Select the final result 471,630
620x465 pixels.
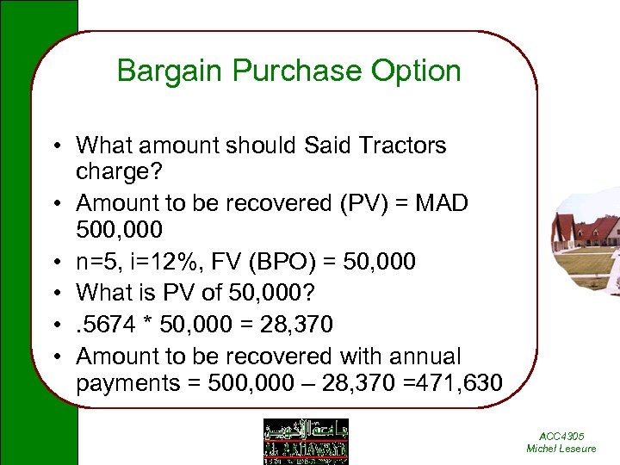(457, 382)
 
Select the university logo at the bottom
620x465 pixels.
(306, 441)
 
